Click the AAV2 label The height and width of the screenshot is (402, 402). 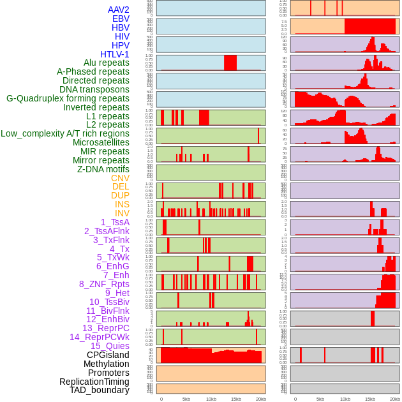click(119, 10)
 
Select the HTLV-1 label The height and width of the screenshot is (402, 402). click(115, 54)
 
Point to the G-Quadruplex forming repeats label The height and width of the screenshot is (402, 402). click(68, 98)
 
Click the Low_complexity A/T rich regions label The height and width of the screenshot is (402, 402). click(65, 133)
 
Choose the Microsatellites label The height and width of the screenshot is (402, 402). click(101, 142)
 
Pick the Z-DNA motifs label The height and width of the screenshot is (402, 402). click(103, 169)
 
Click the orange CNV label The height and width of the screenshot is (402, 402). click(120, 178)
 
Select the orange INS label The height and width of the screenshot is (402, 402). click(122, 204)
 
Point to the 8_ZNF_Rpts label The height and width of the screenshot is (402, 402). click(104, 284)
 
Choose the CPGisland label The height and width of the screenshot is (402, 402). click(108, 355)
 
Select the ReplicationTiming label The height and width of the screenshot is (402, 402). click(94, 382)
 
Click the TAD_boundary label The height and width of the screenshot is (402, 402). click(100, 390)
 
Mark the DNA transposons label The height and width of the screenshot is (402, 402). click(94, 89)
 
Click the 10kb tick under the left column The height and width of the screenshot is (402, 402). click(211, 399)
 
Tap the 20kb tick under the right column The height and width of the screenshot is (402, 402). click(395, 399)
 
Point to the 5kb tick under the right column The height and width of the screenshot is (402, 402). click(320, 399)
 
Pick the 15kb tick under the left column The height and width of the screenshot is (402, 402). click(235, 399)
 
